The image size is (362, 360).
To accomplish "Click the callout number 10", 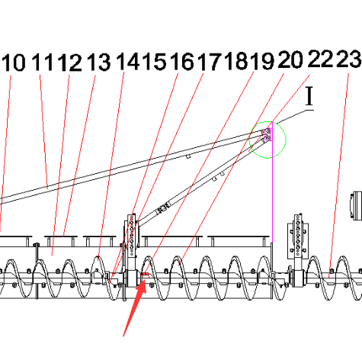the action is (14, 63).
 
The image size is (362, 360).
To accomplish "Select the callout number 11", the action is (42, 62).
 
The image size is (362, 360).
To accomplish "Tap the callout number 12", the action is (69, 62).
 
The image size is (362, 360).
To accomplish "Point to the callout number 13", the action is (99, 62).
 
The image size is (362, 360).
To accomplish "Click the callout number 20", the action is (291, 59).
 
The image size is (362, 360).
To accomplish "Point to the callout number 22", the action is (320, 59).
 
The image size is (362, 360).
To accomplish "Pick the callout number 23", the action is (349, 59).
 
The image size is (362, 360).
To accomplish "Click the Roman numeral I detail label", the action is (309, 96).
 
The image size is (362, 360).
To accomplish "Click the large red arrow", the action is (135, 307).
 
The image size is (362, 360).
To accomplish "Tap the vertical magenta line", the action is (272, 182).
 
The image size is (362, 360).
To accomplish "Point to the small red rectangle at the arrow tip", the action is (145, 274).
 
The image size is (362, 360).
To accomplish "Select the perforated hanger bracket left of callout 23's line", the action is (298, 235).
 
